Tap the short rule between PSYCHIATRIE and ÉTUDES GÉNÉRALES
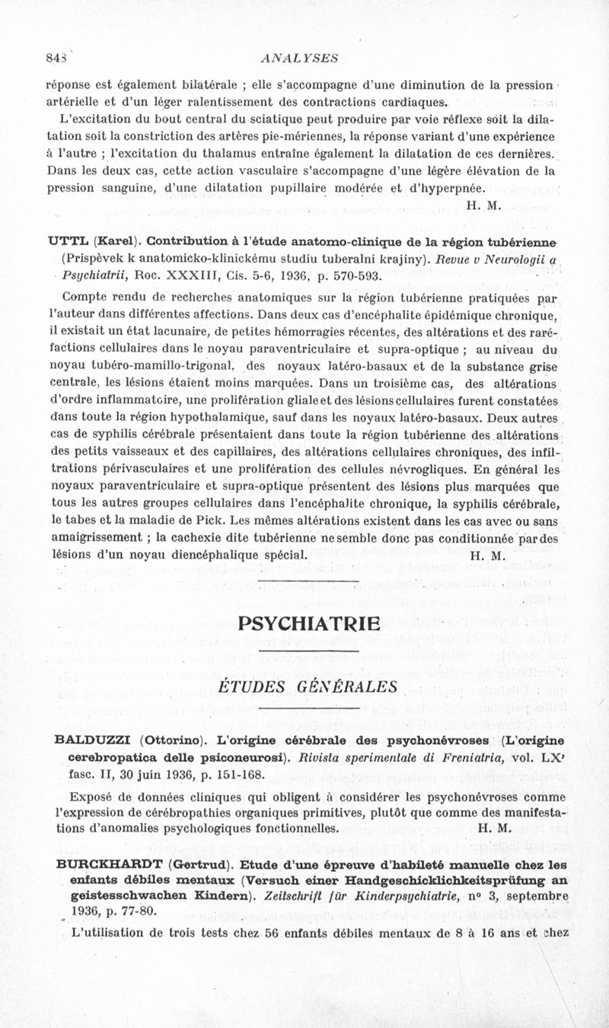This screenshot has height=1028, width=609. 308,652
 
